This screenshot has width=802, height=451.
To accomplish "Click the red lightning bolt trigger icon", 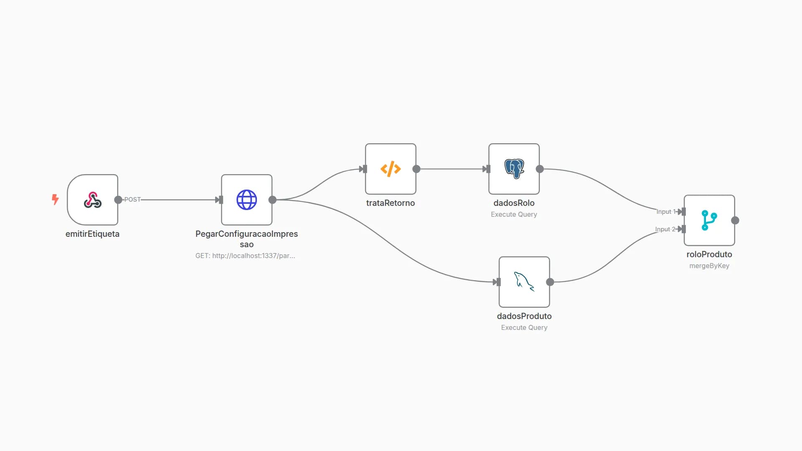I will [x=55, y=199].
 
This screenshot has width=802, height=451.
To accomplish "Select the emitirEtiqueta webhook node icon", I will [x=92, y=200].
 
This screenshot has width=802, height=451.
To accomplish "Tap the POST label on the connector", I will [x=132, y=200].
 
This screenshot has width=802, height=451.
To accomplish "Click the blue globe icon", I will [x=246, y=200].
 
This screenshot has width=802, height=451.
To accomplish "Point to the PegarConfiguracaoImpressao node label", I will [x=246, y=239].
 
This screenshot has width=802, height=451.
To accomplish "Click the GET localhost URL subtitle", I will [x=245, y=256].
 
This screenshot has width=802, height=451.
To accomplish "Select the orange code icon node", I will [x=391, y=169].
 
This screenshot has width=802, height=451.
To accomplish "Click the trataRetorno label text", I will [x=391, y=203].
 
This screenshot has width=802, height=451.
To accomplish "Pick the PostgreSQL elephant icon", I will [x=514, y=169].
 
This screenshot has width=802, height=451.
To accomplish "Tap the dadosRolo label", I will [x=514, y=203].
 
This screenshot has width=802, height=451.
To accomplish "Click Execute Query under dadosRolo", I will [x=514, y=214].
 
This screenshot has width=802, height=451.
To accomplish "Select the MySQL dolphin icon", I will [x=524, y=282].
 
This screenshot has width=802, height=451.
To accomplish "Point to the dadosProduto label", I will [x=524, y=316].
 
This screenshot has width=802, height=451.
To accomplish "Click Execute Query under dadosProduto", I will [x=524, y=327].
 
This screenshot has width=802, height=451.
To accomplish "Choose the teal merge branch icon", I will [x=709, y=220].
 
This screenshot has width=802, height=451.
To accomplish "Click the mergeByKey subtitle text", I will [x=709, y=266].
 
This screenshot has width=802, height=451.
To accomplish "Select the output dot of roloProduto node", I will [x=735, y=220].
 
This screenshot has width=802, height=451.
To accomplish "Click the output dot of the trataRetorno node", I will [x=416, y=169].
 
